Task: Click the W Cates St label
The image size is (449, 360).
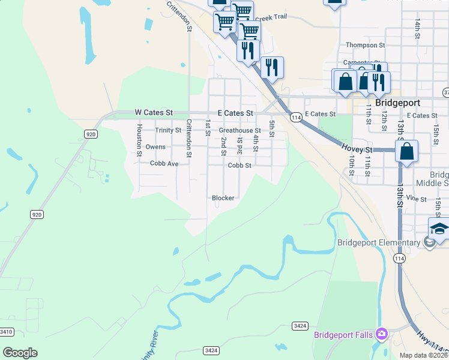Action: [154, 112]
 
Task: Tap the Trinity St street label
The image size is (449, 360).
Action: [167, 130]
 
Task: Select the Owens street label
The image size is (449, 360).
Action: [155, 147]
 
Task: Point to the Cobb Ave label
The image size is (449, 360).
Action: [164, 164]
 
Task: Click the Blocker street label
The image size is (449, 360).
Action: [223, 198]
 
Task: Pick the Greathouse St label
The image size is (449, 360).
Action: [240, 130]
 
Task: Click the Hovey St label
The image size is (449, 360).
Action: [357, 148]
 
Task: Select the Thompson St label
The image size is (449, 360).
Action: [365, 45]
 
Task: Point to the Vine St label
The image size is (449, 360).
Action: [415, 199]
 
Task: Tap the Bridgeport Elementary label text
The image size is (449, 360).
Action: [378, 243]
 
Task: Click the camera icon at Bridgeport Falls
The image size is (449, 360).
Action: [381, 334]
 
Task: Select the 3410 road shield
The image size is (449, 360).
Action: [7, 332]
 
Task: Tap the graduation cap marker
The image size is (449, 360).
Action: [439, 229]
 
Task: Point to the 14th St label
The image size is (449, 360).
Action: [417, 26]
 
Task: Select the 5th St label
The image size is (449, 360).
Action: [272, 128]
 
